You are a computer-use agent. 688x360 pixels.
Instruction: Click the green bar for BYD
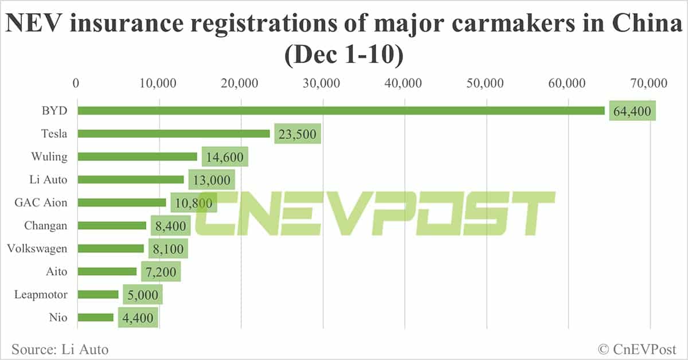(x=341, y=111)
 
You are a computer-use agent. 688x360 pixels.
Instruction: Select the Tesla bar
(x=174, y=134)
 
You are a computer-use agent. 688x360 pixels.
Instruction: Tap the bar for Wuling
(x=138, y=156)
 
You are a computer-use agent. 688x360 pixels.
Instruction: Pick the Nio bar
(x=96, y=317)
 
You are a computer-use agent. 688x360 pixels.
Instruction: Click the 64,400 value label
(x=632, y=111)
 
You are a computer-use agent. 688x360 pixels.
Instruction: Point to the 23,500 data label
(x=297, y=134)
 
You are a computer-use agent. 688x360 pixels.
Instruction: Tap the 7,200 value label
(x=161, y=272)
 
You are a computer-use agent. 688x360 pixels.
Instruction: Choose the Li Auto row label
(x=48, y=179)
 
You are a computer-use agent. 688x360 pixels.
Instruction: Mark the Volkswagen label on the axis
(x=37, y=248)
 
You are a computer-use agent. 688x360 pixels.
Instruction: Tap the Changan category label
(x=46, y=225)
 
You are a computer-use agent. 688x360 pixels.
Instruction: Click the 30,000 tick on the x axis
(x=323, y=84)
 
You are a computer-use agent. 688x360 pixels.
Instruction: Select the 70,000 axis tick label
(x=650, y=84)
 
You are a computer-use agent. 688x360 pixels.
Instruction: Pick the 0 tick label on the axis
(x=76, y=84)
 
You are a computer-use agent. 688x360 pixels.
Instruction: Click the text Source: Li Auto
(x=60, y=349)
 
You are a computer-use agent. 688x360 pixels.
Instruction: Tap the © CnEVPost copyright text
(x=636, y=349)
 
